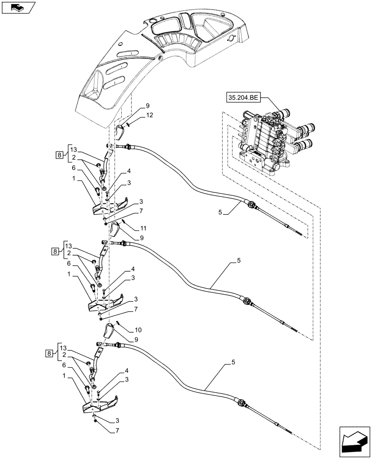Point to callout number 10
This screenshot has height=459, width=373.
point(138,330)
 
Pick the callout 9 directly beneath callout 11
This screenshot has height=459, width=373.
point(135,238)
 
